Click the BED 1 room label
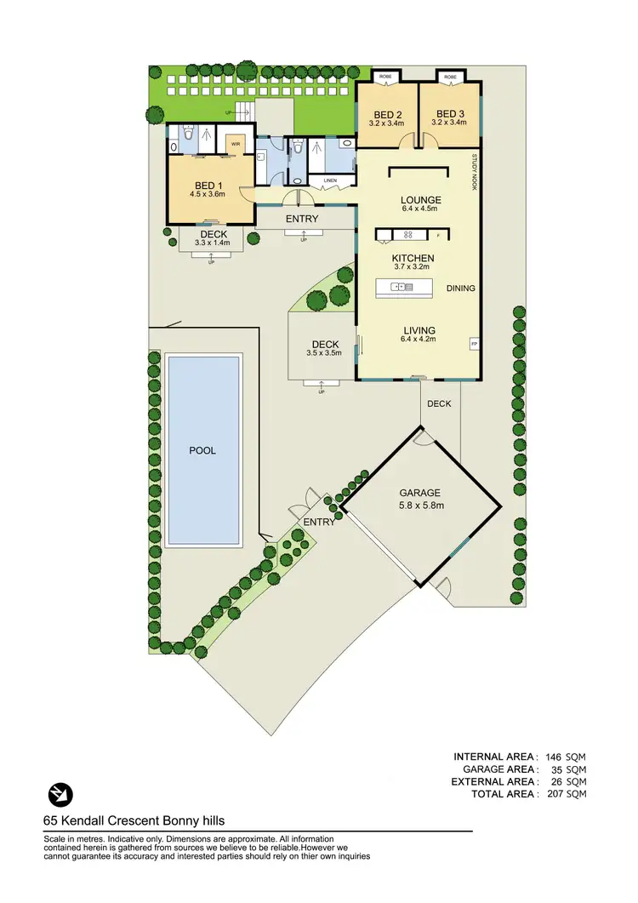tap(208, 186)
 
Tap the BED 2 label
tap(388, 115)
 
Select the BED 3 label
tap(450, 115)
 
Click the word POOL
tap(202, 450)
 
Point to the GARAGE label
tap(420, 493)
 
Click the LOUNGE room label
tap(419, 201)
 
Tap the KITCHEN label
tap(413, 258)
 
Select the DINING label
tap(461, 289)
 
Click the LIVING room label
tap(419, 330)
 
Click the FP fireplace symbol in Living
tap(474, 344)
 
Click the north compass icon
tap(60, 793)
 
